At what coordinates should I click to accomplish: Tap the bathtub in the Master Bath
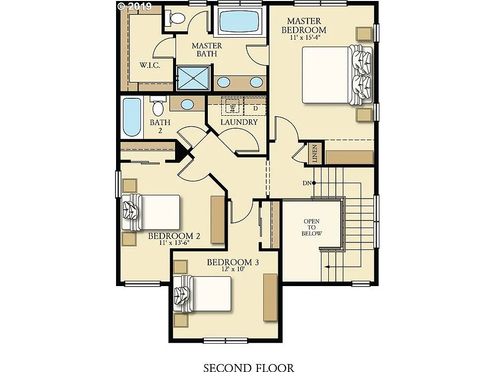[x=240, y=22]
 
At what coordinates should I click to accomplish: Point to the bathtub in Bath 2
[x=131, y=118]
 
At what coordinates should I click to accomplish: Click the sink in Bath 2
[x=187, y=104]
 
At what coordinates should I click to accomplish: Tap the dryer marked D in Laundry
[x=255, y=108]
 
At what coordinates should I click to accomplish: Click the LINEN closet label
[x=315, y=153]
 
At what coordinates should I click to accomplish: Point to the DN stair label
[x=307, y=183]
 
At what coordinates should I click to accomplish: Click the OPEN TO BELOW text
[x=312, y=227]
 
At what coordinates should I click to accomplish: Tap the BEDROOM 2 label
[x=174, y=236]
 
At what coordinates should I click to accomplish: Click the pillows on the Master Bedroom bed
[x=360, y=75]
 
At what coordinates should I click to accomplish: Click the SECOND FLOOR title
[x=248, y=368]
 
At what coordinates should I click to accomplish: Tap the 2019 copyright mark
[x=134, y=6]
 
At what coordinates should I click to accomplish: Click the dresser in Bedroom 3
[x=270, y=297]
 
